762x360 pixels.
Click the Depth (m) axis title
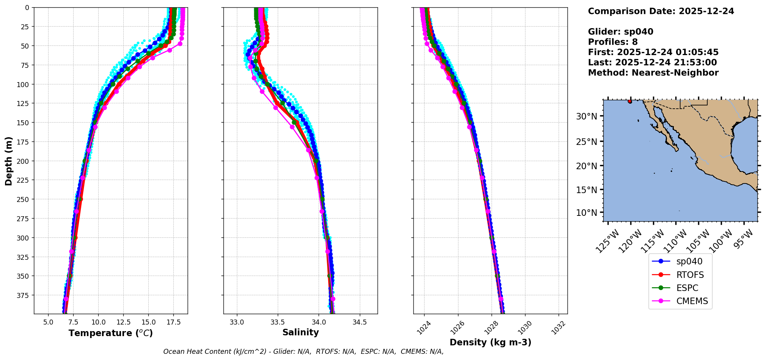[x=8, y=161]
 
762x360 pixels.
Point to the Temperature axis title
[x=111, y=333]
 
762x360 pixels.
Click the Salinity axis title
[x=300, y=332]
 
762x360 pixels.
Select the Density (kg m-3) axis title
[x=490, y=342]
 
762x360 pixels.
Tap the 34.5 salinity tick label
[x=359, y=322]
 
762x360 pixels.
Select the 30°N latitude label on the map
[x=586, y=116]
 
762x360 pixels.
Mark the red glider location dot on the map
[x=630, y=101]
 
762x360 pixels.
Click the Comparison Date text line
[x=661, y=11]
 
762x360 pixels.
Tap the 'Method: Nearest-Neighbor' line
[x=653, y=73]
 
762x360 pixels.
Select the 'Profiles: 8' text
[x=613, y=42]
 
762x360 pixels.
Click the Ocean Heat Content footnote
[x=303, y=352]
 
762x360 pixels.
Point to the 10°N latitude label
[x=586, y=213]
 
